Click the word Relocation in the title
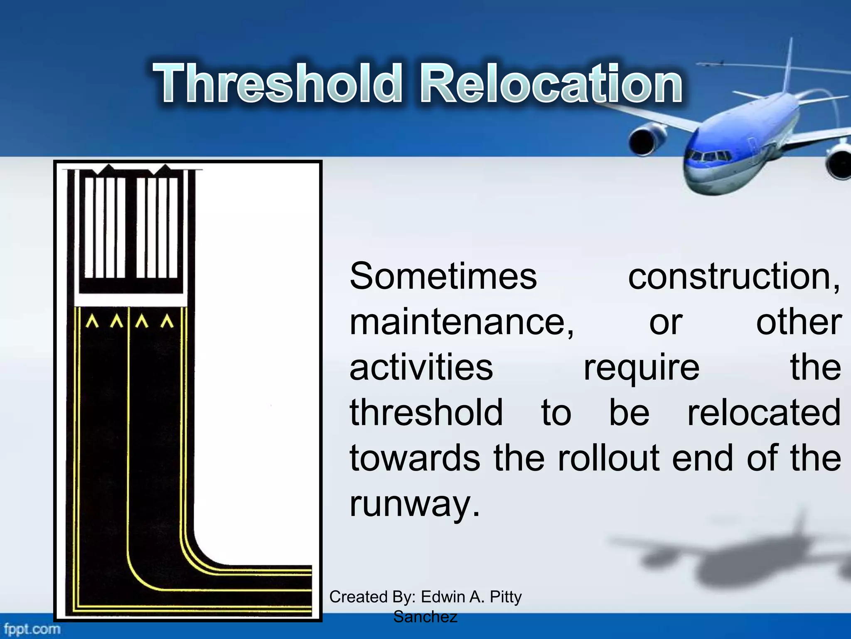coord(551,83)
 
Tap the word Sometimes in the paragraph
coord(443,276)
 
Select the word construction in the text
coord(733,276)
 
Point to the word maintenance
coord(461,322)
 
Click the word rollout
coord(608,458)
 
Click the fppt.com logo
coord(32,629)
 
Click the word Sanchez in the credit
coord(425,617)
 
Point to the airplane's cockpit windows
coord(709,157)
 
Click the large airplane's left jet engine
coord(647,141)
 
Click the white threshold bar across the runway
coord(130,299)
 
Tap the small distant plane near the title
coord(711,64)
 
